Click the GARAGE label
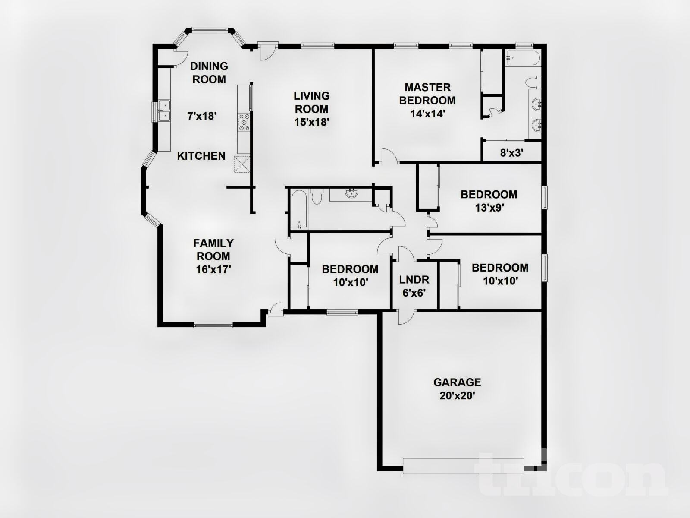tap(457, 382)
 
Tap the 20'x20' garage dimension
tap(457, 395)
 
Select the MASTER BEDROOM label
tap(427, 94)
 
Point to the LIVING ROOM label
tap(311, 102)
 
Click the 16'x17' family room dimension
tap(213, 269)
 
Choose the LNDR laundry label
tap(414, 280)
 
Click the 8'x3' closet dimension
tap(511, 153)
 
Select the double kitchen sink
tap(164, 111)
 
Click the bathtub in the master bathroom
tap(523, 58)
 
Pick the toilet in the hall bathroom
tap(317, 197)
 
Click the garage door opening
tap(463, 465)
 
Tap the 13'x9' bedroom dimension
tap(489, 208)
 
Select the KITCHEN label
tap(201, 156)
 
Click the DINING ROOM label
tap(209, 73)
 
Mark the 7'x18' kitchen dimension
tap(201, 116)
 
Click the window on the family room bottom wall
tap(213, 325)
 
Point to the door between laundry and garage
tap(405, 316)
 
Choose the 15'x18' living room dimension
tap(312, 122)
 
